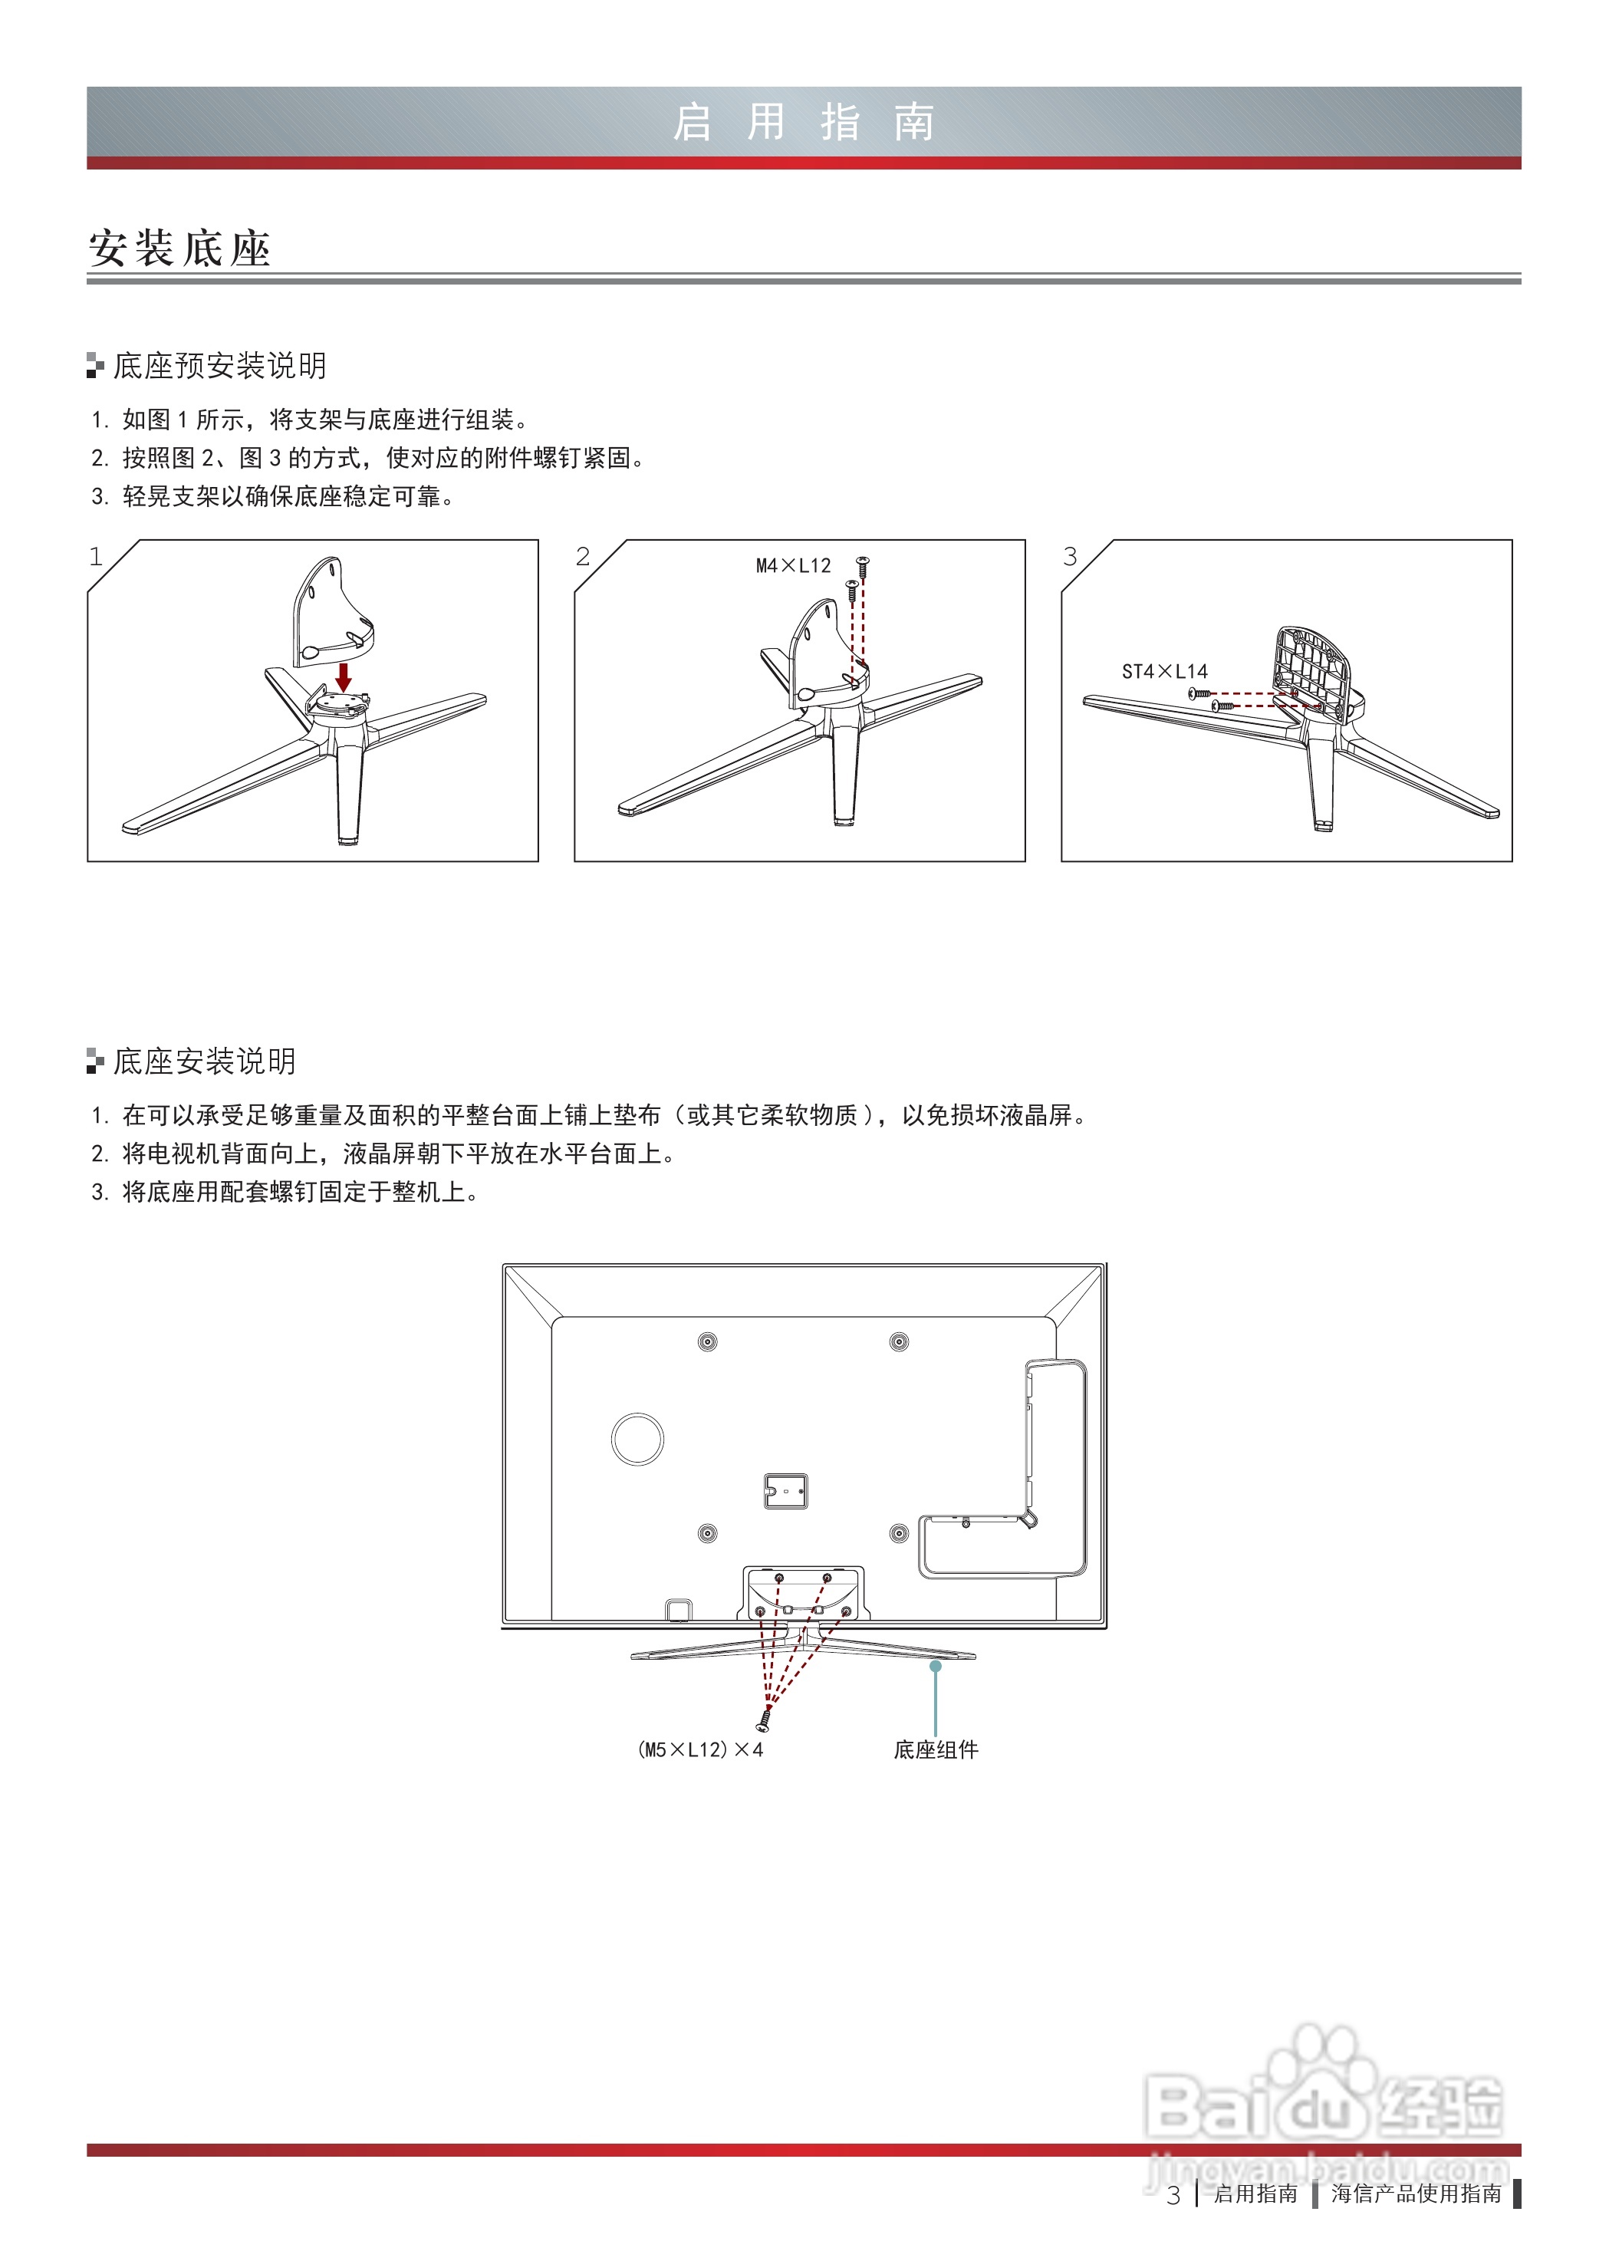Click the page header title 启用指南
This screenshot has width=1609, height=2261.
804,123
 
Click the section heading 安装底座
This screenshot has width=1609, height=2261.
179,248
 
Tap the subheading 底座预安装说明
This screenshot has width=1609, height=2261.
219,366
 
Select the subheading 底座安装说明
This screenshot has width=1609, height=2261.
204,1061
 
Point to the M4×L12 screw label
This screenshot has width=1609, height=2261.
792,566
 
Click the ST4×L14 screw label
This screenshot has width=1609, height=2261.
1164,672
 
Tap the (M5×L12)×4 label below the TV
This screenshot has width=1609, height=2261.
699,1749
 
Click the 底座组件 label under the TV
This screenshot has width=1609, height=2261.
936,1749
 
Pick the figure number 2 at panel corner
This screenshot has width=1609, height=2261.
583,557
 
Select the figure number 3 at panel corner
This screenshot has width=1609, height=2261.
1070,557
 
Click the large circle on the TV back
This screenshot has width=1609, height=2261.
638,1439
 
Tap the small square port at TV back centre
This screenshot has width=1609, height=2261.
785,1491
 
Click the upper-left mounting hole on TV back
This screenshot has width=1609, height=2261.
707,1342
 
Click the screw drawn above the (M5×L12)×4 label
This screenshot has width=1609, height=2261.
764,1719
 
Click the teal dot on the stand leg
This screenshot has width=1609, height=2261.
936,1667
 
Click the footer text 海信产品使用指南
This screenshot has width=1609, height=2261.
1416,2194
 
